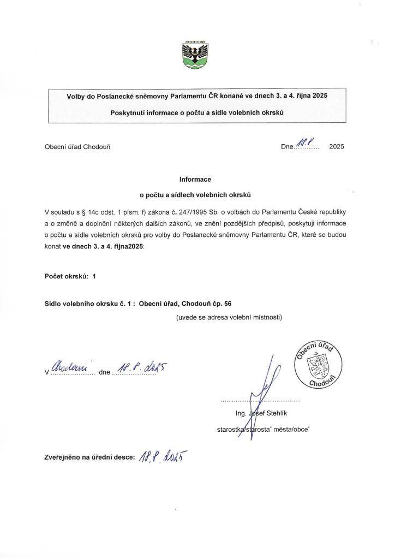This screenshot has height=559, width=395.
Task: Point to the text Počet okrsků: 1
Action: [x=70, y=276]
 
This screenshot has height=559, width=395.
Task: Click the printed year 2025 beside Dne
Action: [x=337, y=147]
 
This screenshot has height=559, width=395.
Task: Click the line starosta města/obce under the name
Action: [x=264, y=430]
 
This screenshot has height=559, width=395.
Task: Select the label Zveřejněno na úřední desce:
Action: [x=89, y=457]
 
